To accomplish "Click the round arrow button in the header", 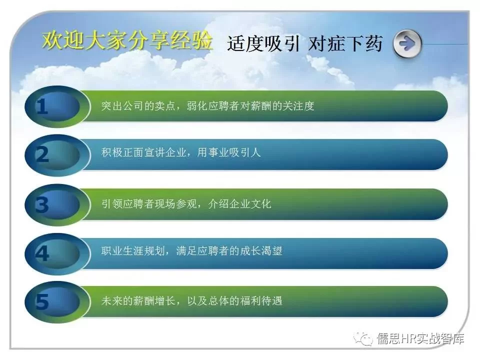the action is coord(407,44).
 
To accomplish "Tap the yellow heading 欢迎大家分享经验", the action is coord(127,40).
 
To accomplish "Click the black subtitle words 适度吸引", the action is coord(263,43).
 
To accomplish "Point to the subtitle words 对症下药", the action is coord(345,43).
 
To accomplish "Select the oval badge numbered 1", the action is coord(57,106).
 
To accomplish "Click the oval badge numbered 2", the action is coord(57,155).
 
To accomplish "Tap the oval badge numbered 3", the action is coord(57,204).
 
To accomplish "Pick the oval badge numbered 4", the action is coord(57,254).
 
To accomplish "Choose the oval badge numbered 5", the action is coord(57,302).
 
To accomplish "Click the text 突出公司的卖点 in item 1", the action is coord(138,106).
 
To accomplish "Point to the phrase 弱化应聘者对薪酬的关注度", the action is coord(250,106).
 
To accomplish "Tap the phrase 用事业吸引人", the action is coord(229,152).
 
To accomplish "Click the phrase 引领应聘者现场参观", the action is coord(149,203).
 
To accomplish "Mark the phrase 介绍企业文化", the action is coord(239,203).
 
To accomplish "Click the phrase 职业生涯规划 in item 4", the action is coord(133,251).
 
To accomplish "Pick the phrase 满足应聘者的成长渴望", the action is coord(229,251).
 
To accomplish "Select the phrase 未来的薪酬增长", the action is coord(138,300).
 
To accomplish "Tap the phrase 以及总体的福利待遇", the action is coord(234,300).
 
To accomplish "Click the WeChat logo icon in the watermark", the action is coord(363,338).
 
